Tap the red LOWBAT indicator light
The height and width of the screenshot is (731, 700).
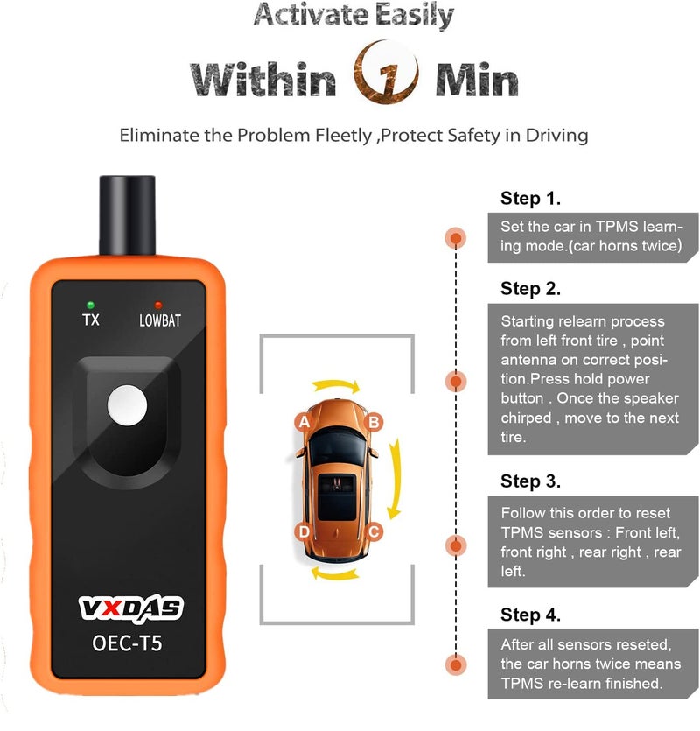158,304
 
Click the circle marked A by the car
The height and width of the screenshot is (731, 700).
304,422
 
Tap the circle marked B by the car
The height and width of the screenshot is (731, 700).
374,422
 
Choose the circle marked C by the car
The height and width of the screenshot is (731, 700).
374,531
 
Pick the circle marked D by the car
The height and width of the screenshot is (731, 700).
304,531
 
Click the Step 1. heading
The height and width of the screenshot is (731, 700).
530,198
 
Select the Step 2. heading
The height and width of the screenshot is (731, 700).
530,288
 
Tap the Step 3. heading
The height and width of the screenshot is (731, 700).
530,481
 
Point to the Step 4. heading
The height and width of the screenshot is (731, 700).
530,615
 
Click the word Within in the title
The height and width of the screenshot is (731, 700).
263,80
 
